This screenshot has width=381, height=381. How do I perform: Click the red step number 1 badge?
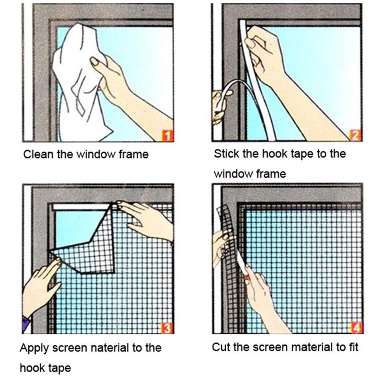pyautogui.click(x=167, y=137)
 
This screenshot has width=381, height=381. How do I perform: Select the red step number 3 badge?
pyautogui.click(x=167, y=329)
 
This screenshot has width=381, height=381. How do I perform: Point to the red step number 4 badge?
pyautogui.click(x=356, y=328)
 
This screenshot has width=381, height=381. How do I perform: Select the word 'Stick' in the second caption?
pyautogui.click(x=225, y=154)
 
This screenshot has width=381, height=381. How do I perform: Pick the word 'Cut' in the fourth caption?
pyautogui.click(x=220, y=347)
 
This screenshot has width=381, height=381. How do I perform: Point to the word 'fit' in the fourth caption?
pyautogui.click(x=353, y=347)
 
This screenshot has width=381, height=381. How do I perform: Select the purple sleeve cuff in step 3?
pyautogui.click(x=26, y=324)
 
